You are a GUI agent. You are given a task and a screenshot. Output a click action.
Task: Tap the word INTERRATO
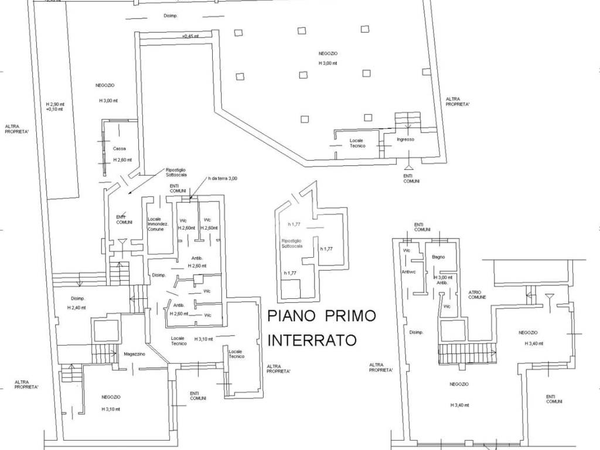click(312, 340)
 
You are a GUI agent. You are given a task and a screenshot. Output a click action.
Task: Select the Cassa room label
click(120, 149)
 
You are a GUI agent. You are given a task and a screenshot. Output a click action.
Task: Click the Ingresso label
click(405, 139)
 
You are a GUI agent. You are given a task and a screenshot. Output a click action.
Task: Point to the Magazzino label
click(134, 354)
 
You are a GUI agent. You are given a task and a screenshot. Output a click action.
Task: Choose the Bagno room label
click(439, 257)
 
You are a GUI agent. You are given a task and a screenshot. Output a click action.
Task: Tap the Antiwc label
click(408, 271)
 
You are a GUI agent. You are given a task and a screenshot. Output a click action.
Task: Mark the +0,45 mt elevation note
click(191, 36)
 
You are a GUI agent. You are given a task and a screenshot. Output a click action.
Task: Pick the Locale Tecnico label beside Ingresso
click(358, 143)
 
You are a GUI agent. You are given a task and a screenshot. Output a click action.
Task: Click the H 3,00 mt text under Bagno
click(444, 277)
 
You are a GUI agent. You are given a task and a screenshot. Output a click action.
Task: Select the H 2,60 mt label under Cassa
click(122, 160)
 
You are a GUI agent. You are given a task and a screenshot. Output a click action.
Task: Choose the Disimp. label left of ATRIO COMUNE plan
click(417, 332)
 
